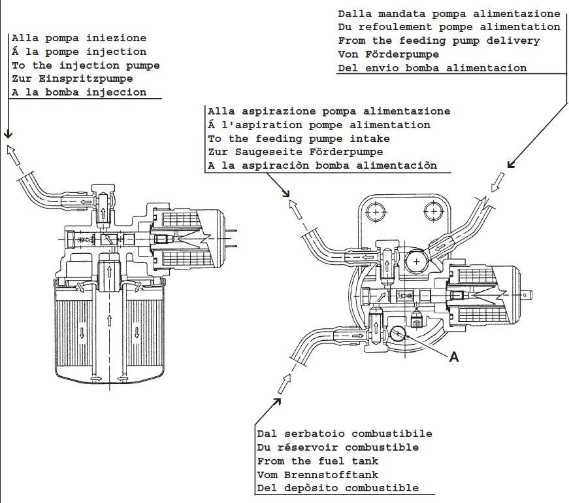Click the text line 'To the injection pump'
(86, 65)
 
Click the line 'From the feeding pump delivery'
(439, 41)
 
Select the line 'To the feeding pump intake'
(299, 139)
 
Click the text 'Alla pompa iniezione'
(79, 38)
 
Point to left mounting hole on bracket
(377, 211)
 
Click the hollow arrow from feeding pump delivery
(498, 180)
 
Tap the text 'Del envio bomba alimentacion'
(432, 68)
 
